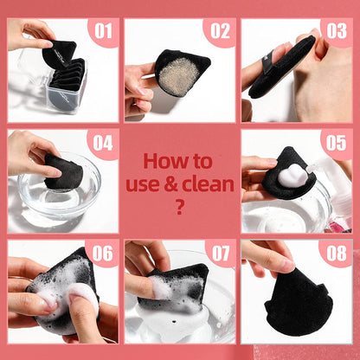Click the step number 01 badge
click(x=104, y=33)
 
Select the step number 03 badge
click(x=336, y=33)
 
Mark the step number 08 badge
click(x=336, y=254)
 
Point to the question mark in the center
click(x=179, y=206)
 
